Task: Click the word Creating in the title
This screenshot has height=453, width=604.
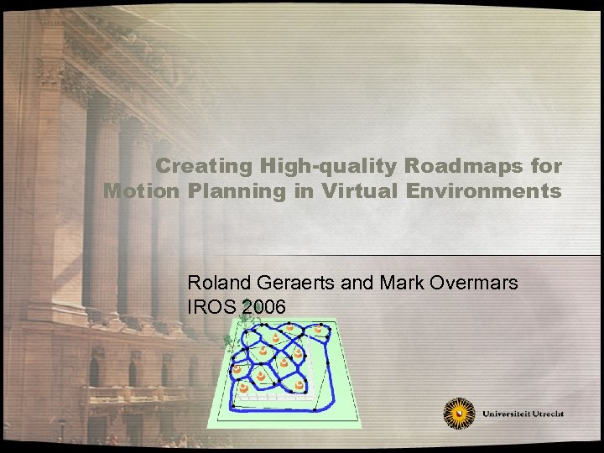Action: [194, 165]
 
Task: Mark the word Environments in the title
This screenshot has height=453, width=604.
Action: [484, 190]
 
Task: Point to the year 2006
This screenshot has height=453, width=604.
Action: [263, 307]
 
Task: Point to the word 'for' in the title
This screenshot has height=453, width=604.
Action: [545, 165]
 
